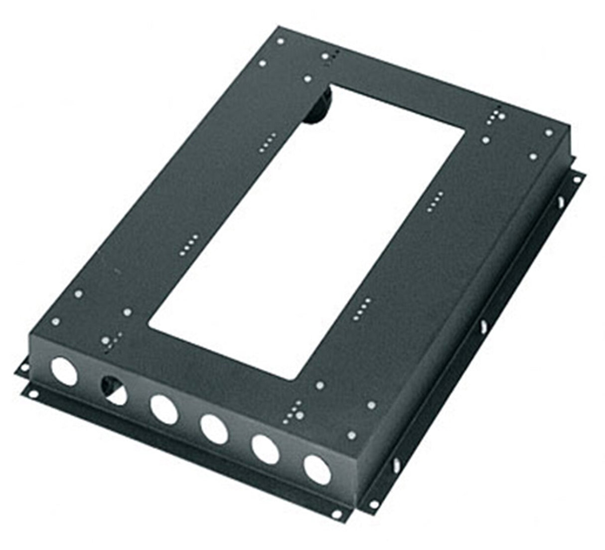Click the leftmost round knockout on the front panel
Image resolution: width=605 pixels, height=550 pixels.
(x=64, y=370)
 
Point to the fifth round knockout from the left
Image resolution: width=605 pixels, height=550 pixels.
(x=266, y=448)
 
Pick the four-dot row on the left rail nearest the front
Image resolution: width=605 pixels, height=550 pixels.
(x=189, y=242)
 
